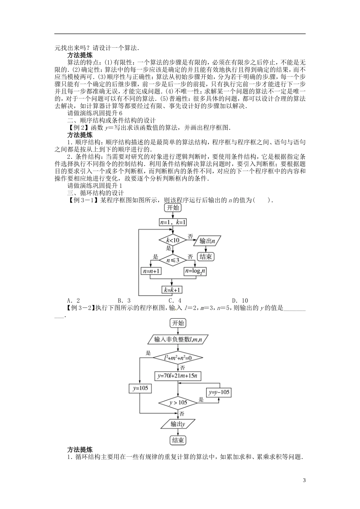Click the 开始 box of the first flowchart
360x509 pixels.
[x=172, y=208]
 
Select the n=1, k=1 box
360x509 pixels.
[x=173, y=222]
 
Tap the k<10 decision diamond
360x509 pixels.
[x=172, y=240]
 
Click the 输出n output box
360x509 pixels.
[x=207, y=240]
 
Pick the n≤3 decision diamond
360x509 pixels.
[x=172, y=260]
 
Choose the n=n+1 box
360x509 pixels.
[x=151, y=271]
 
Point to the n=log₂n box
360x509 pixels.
[x=195, y=271]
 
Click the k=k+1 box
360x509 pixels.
[x=172, y=290]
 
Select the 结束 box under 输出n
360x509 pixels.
[x=206, y=257]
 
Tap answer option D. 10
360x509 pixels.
[x=240, y=301]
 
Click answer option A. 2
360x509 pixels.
[x=73, y=301]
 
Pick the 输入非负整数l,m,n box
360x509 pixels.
[x=178, y=339]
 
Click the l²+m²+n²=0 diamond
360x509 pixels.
[x=178, y=358]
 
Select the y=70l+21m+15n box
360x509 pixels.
[x=178, y=376]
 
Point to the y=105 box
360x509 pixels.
[x=140, y=388]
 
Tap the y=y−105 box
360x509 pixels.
[x=219, y=392]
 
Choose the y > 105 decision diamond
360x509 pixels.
[x=178, y=402]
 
